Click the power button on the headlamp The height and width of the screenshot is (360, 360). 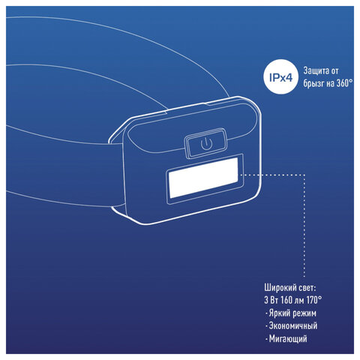tap(205, 143)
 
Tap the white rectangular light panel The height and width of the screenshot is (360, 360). tap(203, 177)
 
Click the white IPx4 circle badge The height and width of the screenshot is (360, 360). tap(281, 77)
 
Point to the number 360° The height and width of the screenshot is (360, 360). tap(344, 83)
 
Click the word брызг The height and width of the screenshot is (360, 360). tap(313, 84)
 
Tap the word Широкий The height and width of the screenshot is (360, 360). tap(280, 288)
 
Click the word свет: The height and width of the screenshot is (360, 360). tap(307, 288)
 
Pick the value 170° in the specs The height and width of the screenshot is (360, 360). tap(314, 300)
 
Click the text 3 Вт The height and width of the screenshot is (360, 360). tap(271, 300)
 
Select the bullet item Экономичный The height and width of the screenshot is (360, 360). tap(293, 326)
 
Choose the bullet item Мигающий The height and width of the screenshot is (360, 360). tap(288, 339)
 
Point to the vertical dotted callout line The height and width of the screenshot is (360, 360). tap(304, 226)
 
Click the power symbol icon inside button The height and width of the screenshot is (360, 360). tap(206, 144)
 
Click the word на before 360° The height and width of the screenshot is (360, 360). tap(329, 84)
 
